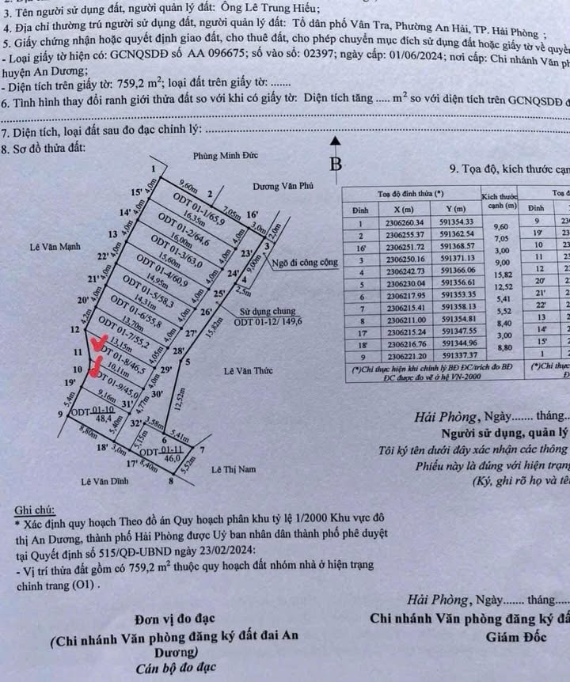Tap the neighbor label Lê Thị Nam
(234, 469)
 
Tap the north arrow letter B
(336, 165)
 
